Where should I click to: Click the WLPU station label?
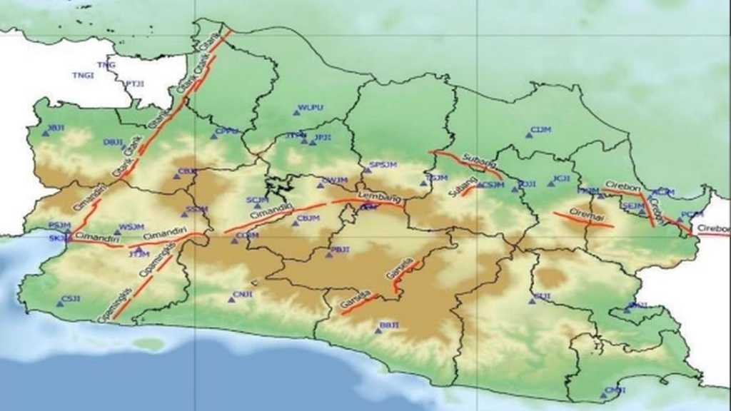coord(311,107)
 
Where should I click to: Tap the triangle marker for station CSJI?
coord(60,304)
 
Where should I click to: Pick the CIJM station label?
coord(541,129)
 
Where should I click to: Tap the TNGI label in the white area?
coord(83,75)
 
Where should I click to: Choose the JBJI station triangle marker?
coord(45,133)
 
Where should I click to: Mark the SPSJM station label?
coord(380,166)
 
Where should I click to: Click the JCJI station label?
coord(561,178)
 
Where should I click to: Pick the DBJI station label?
coord(113,141)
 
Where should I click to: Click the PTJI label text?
coord(135,83)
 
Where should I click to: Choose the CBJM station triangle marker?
coord(295,223)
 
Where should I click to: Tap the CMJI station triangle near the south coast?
coord(605,393)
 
